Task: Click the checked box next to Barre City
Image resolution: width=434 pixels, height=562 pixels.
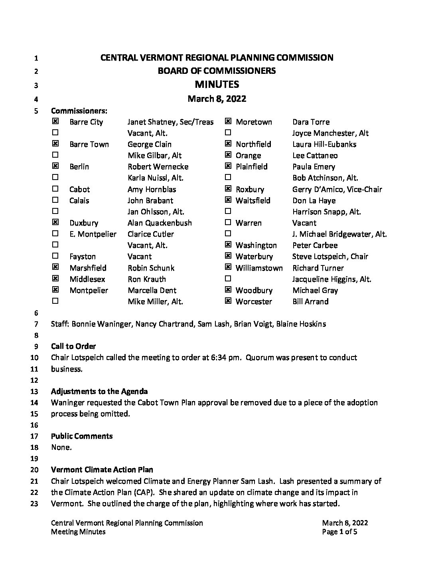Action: coord(55,121)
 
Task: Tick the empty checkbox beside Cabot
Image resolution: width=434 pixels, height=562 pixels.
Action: coord(55,189)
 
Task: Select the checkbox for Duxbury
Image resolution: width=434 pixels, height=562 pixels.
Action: coord(55,222)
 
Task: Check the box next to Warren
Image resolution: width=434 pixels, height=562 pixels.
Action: coord(228,222)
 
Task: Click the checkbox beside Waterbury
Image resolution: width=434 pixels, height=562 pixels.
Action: coord(228,256)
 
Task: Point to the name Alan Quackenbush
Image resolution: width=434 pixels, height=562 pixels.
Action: coord(160,223)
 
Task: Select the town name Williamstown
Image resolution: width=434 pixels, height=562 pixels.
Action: coord(259,268)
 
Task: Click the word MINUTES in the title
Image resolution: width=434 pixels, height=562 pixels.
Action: coord(217,84)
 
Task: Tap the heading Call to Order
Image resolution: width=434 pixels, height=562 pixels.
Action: coord(73,346)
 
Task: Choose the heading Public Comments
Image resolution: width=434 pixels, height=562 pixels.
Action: coord(82,436)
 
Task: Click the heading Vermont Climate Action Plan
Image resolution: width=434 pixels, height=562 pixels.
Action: coord(102,469)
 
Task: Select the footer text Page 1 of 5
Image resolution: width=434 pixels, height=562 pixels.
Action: coord(339,532)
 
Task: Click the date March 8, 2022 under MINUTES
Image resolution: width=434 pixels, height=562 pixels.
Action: coord(217,99)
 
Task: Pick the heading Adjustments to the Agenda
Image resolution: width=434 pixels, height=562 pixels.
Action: coord(99,391)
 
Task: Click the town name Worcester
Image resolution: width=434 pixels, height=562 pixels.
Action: coord(254,301)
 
